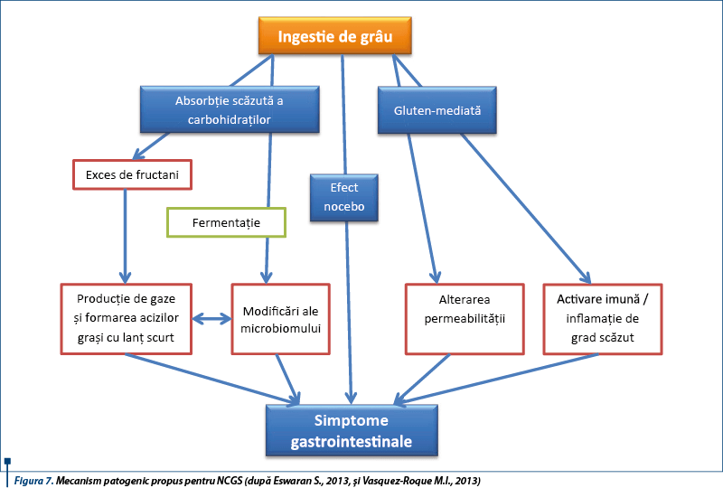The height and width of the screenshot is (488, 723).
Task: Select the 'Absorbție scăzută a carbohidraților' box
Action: (x=229, y=109)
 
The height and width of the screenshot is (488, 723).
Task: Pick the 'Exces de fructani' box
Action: (x=132, y=174)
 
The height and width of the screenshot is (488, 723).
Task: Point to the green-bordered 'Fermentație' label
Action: (x=226, y=221)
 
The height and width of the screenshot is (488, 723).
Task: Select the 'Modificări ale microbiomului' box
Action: (x=281, y=318)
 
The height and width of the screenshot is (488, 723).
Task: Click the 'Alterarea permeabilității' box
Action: (x=464, y=318)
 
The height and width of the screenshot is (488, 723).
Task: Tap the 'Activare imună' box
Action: (x=601, y=318)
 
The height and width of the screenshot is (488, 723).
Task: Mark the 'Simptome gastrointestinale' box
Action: (x=352, y=431)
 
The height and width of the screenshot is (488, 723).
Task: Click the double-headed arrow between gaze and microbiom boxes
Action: (x=211, y=319)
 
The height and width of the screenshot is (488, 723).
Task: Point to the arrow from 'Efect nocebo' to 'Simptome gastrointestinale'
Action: (x=347, y=307)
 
